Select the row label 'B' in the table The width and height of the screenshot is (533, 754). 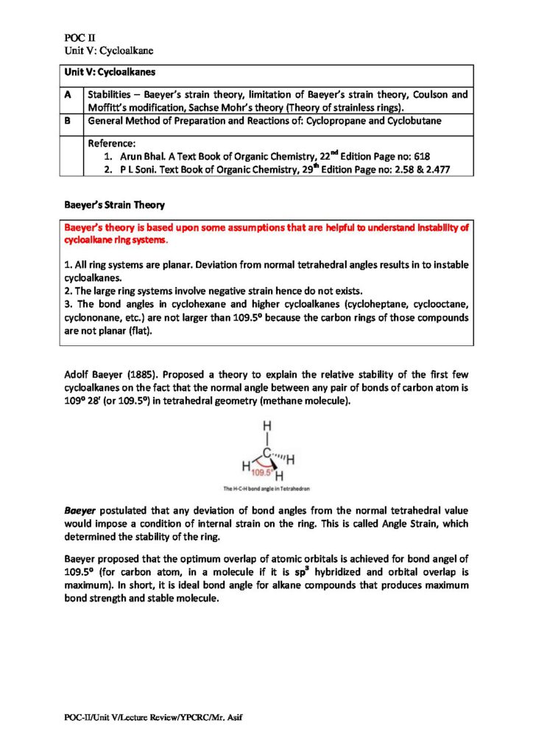click(68, 121)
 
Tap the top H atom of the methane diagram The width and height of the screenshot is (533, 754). click(267, 426)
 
